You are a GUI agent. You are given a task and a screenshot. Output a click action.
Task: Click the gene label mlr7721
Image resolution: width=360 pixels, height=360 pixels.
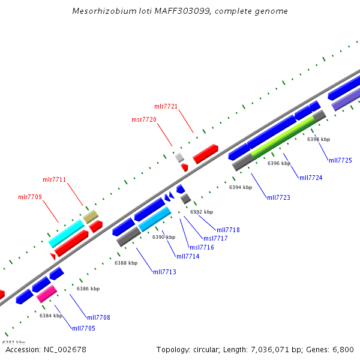point(166,106)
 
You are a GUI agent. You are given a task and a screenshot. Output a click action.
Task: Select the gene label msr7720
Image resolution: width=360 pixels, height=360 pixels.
point(144,119)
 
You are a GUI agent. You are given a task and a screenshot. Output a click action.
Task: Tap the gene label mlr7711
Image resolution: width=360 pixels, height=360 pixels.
point(54,179)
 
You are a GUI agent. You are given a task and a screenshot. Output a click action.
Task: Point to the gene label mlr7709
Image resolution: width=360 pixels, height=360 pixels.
point(29,197)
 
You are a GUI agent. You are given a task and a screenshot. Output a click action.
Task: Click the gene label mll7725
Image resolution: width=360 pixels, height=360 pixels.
point(340,160)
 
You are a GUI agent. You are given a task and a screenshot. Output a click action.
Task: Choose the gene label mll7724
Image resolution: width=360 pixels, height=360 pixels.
point(311,178)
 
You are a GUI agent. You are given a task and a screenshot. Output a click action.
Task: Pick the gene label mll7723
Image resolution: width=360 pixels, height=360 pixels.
point(278,197)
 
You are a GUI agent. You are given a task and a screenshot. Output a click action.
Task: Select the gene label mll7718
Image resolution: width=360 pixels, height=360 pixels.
point(228,230)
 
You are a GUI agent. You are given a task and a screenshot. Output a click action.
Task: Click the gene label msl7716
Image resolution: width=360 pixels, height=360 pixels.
point(202,247)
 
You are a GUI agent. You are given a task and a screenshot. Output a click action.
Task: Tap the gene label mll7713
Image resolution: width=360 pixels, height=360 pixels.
point(164,272)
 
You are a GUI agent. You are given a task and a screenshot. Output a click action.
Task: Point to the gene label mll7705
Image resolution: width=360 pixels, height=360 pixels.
point(83,328)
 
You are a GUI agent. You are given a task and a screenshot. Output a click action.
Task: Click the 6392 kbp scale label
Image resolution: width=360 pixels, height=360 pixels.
point(202,212)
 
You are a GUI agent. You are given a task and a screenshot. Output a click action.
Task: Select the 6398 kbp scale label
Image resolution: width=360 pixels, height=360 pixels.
point(319,139)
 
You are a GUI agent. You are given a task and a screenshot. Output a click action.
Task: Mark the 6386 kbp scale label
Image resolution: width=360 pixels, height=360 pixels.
point(88,289)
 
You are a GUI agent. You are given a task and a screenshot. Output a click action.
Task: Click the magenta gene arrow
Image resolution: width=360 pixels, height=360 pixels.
point(46,294)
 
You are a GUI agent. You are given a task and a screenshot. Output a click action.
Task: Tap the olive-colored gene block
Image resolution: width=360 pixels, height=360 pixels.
point(90,216)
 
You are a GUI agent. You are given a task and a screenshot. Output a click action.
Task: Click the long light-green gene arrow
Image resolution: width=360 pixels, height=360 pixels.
point(282,137)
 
